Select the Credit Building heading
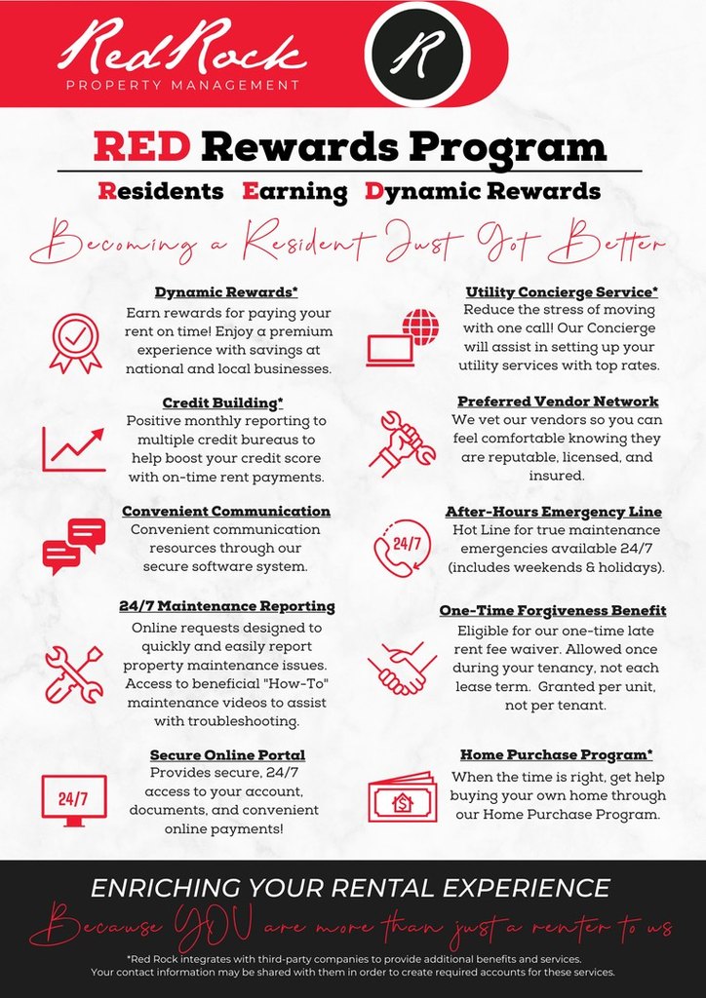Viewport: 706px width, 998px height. click(225, 403)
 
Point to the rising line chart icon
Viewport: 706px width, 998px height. click(73, 448)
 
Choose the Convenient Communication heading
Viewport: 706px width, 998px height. click(225, 511)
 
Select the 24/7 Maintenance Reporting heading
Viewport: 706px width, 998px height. click(226, 606)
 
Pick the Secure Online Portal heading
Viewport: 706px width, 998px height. click(227, 755)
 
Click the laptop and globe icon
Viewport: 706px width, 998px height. click(403, 337)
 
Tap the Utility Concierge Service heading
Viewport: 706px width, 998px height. click(562, 291)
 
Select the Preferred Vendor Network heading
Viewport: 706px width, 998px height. click(558, 402)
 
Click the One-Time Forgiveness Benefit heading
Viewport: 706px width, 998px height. click(552, 610)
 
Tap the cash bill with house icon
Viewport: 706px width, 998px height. click(401, 797)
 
